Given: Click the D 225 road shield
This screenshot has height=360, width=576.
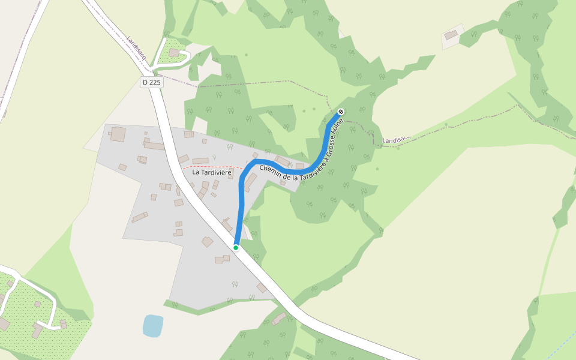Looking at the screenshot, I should point(152,82).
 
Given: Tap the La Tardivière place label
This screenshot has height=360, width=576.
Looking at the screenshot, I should point(212,172).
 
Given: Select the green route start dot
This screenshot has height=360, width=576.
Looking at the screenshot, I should point(236,248).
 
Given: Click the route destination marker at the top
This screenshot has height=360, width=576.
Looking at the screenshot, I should point(341,112).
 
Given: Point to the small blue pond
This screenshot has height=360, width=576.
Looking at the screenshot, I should point(152,325).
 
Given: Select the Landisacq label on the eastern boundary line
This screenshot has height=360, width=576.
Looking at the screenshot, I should point(395,139).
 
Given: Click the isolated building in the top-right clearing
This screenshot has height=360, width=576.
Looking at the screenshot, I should point(451,35).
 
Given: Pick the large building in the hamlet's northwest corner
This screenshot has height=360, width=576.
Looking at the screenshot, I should point(118,134).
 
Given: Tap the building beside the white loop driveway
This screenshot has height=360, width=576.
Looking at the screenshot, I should point(174,53).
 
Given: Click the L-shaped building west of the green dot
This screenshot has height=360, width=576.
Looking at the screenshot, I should point(223,259).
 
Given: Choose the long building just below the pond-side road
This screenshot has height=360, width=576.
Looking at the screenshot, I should point(279,319).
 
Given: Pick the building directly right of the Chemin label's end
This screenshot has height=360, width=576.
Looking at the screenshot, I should point(299,166).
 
